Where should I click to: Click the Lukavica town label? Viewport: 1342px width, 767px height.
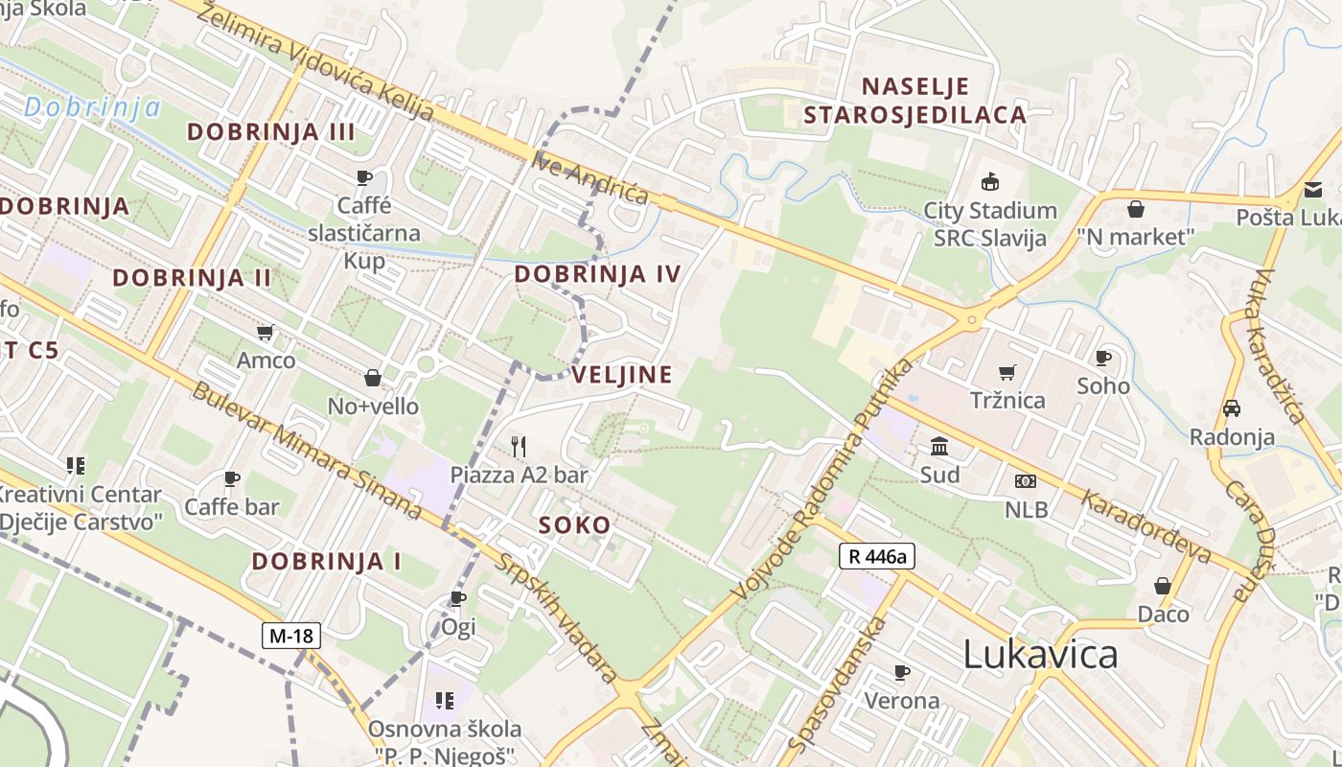(x=1040, y=654)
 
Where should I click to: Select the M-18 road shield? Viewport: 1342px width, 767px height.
(x=290, y=635)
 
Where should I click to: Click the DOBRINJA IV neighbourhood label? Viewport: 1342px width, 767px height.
(x=597, y=274)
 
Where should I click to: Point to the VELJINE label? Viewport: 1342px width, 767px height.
(x=622, y=375)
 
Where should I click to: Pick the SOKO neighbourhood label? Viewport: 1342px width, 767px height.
(x=574, y=525)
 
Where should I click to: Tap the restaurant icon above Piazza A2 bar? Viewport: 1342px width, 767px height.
(x=519, y=446)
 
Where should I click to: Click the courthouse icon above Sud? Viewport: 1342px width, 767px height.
(x=939, y=447)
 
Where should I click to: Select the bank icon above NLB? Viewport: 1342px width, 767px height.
(x=1025, y=481)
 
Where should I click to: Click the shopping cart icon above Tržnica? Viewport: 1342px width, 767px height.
(x=1006, y=372)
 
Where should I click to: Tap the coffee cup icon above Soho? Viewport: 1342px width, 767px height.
(x=1103, y=358)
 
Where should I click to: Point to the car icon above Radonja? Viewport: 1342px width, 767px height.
(x=1232, y=408)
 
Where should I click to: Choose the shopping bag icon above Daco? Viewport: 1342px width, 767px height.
(x=1163, y=585)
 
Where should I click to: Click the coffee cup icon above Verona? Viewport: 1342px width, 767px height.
(x=901, y=672)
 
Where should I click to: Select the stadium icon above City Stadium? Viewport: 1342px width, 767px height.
(x=990, y=181)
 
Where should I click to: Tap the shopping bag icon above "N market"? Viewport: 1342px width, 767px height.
(x=1136, y=208)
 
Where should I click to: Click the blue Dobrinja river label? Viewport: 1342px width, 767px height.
(x=92, y=107)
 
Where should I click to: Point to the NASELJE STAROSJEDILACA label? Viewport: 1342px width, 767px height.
(x=914, y=101)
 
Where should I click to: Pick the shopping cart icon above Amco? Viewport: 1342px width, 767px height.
(x=266, y=333)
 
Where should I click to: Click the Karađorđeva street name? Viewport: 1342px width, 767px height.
(x=1146, y=527)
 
